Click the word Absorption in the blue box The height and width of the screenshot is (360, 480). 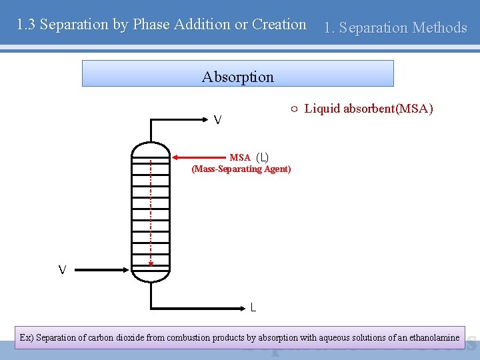238,77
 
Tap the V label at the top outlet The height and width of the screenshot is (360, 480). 218,121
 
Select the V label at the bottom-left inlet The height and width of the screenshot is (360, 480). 62,270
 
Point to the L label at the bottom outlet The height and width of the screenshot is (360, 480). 253,307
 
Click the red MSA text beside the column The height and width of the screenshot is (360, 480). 240,158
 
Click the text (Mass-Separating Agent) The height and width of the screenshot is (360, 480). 241,169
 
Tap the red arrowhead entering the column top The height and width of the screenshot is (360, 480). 176,158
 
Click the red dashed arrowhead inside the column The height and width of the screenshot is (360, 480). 151,263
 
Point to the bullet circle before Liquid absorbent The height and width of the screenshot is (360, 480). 294,109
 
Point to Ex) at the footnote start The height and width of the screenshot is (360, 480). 27,338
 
